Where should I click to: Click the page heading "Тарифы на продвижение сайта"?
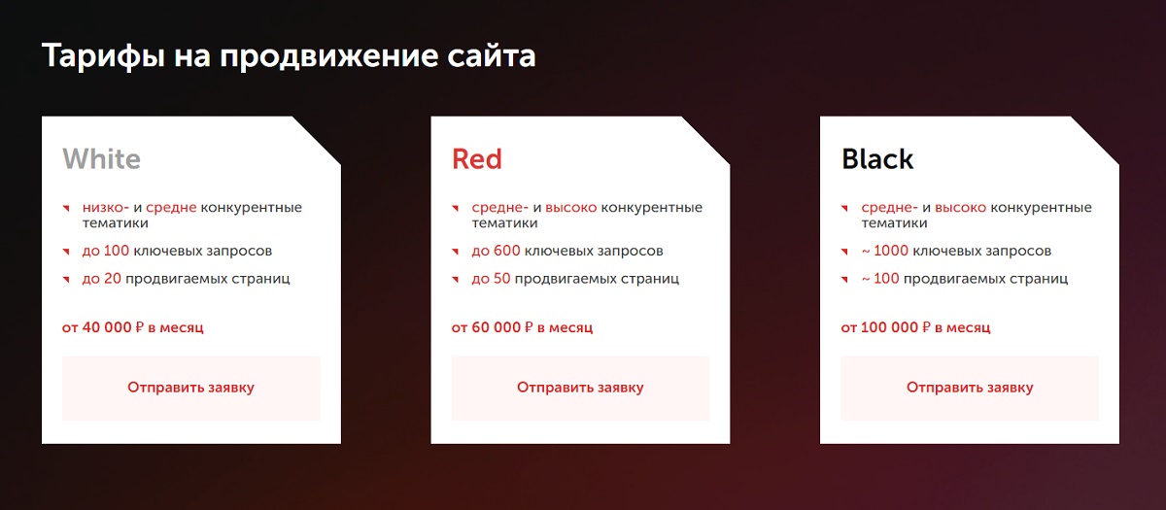click(289, 56)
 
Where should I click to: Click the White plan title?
click(101, 158)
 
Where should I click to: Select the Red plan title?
click(476, 158)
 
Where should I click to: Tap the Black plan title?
click(877, 158)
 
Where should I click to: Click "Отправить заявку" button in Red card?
click(580, 388)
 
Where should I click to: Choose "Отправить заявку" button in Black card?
click(970, 388)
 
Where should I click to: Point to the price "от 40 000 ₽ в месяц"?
click(133, 327)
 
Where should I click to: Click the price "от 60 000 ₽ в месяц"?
click(522, 327)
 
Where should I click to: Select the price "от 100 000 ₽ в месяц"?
click(915, 327)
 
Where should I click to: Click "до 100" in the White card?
click(105, 251)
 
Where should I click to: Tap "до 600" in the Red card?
click(496, 251)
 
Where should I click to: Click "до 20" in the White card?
click(101, 279)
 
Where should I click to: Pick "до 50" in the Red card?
click(491, 279)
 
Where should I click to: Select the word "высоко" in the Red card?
click(570, 208)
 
